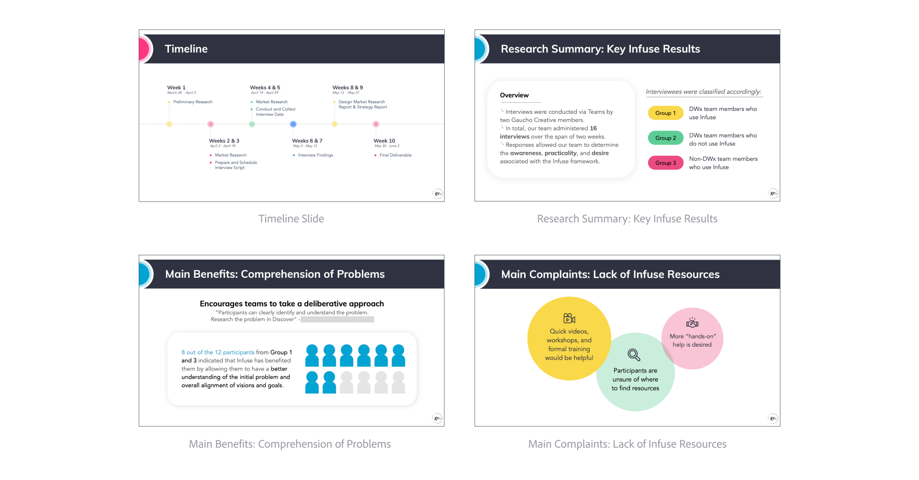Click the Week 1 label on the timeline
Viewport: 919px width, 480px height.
tap(176, 87)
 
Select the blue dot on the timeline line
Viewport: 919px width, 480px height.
tap(293, 124)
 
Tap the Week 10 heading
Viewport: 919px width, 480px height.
tap(384, 141)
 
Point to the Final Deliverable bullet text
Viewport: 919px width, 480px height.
tap(395, 155)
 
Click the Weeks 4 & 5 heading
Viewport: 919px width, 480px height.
tap(265, 87)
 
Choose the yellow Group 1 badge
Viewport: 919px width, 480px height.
tap(665, 113)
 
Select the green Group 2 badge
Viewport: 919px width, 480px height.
tap(665, 138)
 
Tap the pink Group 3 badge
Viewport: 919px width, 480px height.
tap(665, 163)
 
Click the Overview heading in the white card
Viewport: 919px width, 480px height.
tap(514, 96)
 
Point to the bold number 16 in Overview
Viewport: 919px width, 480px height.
tap(594, 129)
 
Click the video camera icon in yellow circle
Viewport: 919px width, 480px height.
tap(569, 318)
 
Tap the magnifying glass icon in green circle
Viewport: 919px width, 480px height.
tap(634, 355)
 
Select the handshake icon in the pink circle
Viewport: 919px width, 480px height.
tap(692, 323)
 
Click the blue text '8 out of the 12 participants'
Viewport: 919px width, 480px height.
tap(218, 352)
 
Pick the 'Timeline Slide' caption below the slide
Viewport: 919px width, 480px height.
tap(291, 219)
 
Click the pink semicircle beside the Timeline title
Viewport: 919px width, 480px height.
tap(144, 49)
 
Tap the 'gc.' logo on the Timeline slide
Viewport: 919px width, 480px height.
tap(437, 194)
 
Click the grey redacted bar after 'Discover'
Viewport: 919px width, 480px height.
tap(337, 320)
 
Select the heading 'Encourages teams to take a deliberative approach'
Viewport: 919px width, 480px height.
tap(291, 304)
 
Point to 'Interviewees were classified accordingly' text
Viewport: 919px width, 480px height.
tap(703, 92)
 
